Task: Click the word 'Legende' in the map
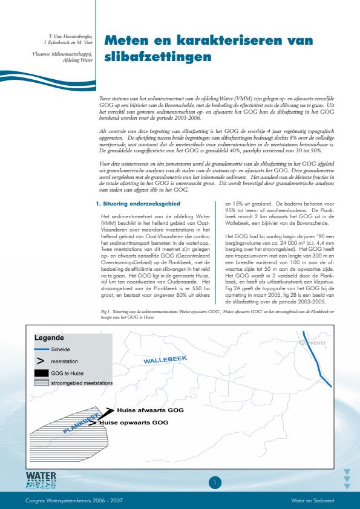click(49, 337)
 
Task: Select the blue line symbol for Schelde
click(41, 349)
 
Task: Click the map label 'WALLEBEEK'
click(165, 360)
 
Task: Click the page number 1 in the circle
click(215, 482)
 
